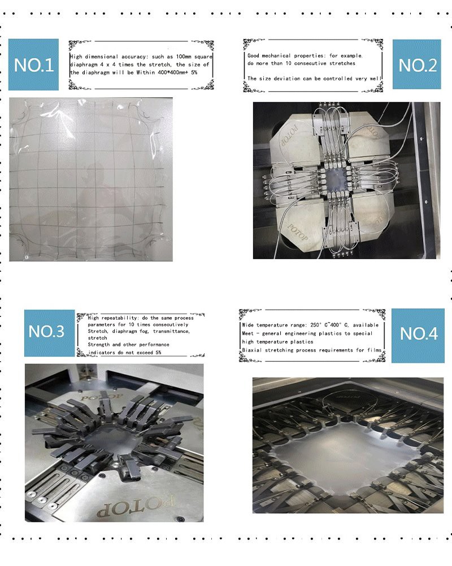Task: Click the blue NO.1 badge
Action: coord(33,65)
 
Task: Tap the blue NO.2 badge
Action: coord(416,65)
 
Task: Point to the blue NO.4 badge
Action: coord(418,336)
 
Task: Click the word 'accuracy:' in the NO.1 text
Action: coord(134,57)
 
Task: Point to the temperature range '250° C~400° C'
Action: coord(329,325)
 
